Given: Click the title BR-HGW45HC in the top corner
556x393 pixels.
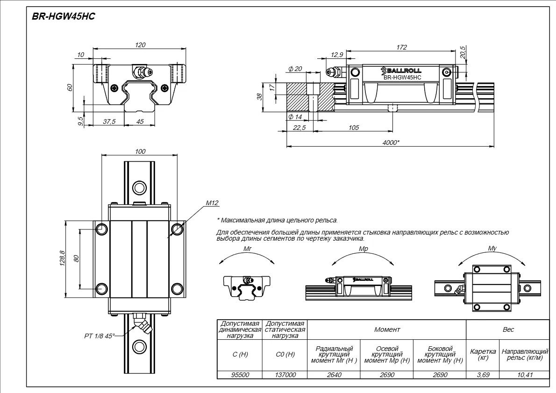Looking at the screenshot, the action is (x=64, y=16).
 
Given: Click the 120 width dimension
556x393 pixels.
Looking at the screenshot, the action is (x=140, y=45).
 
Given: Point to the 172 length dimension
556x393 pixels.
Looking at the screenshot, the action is (x=401, y=47).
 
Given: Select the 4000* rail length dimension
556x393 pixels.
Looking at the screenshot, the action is (x=391, y=143).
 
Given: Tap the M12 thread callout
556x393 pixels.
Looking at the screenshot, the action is (x=212, y=203).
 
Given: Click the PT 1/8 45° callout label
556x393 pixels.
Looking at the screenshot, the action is (x=100, y=336).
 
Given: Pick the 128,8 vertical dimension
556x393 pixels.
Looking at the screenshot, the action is (x=63, y=258).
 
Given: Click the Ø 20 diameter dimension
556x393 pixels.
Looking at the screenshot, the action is (x=295, y=69).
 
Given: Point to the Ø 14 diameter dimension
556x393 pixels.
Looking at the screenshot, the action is (x=295, y=117).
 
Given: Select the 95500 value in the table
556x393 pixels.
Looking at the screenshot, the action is (x=240, y=375).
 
